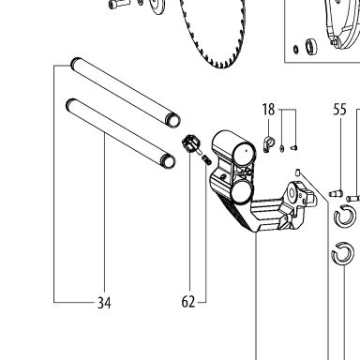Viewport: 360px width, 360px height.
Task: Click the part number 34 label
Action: point(104,303)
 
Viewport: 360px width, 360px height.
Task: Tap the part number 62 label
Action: point(188,302)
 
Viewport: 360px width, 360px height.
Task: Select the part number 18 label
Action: point(268,110)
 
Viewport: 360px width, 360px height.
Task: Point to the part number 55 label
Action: point(339,110)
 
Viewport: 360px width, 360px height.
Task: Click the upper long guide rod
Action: point(126,93)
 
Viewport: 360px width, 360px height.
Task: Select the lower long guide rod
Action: point(121,133)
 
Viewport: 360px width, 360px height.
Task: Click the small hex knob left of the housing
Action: point(190,144)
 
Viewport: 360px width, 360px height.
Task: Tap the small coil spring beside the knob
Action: point(206,159)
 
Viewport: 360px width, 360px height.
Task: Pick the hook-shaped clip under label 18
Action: point(268,144)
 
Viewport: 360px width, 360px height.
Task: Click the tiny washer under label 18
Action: point(282,148)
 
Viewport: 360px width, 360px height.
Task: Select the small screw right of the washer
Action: point(293,147)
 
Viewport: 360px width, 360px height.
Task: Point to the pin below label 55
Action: point(336,194)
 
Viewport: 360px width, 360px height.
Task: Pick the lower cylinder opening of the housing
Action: point(242,191)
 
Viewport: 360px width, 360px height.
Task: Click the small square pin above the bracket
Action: point(298,172)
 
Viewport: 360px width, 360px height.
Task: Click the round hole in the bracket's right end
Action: point(292,193)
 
